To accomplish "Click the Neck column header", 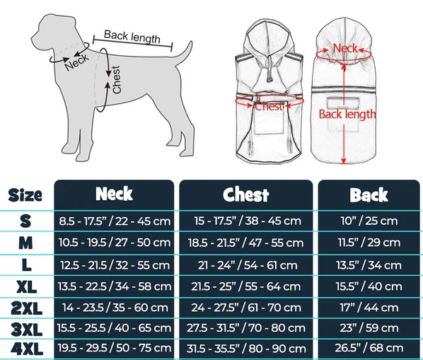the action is pos(114,194).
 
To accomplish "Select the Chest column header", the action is pos(245,194).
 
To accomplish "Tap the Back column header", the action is pos(369,194).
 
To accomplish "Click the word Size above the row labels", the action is pos(25,194).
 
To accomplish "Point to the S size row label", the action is pos(25,221).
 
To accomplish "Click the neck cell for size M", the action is pos(115,243).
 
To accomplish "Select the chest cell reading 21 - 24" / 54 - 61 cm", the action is pos(248,265).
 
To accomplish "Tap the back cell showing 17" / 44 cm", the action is pos(369,308).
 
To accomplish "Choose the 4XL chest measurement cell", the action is pos(246,349).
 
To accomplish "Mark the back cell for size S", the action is pos(369,221).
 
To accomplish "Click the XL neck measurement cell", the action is pos(115,286).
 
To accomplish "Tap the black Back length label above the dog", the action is pos(132,37).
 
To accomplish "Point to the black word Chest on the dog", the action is pos(116,80).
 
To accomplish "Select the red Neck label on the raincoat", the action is pos(345,49).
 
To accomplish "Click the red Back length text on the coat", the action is pos(347,114).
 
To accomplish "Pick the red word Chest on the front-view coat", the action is pos(269,106).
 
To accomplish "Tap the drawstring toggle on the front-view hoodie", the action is pos(269,79).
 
